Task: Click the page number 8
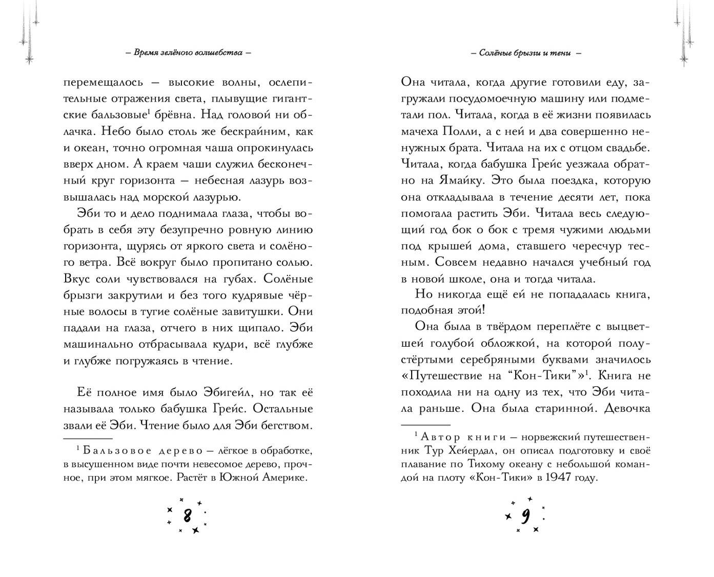click(x=187, y=514)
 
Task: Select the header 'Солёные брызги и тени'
click(x=525, y=53)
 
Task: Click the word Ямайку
click(x=460, y=181)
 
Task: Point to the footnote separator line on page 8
click(x=88, y=439)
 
